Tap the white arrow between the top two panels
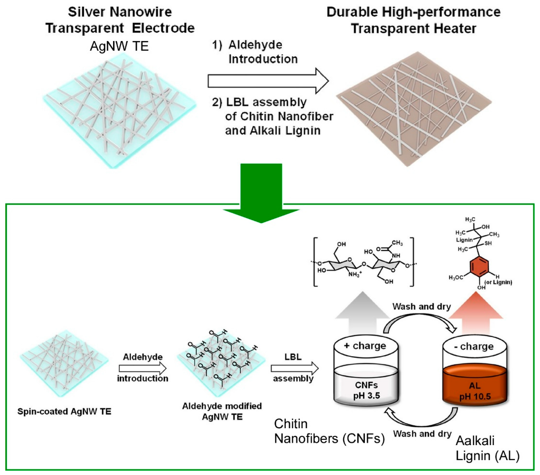click(x=267, y=81)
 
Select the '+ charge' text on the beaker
click(x=366, y=346)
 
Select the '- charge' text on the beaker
click(x=474, y=346)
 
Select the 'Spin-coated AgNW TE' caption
click(x=64, y=411)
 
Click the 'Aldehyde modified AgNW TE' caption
click(x=222, y=411)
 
